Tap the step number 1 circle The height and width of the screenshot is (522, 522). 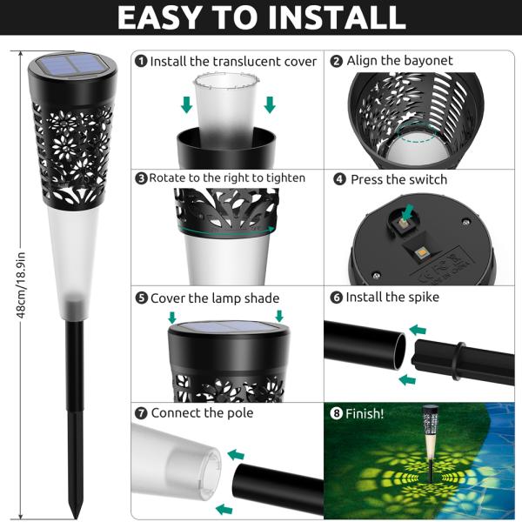point(141,61)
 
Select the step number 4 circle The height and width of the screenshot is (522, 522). point(339,179)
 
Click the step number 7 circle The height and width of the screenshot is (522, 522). point(141,412)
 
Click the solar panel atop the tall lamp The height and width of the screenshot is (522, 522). point(73,64)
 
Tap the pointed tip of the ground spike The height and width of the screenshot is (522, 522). point(76,511)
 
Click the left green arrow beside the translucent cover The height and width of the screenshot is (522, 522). point(186,105)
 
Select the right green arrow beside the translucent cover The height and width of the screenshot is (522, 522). point(270,105)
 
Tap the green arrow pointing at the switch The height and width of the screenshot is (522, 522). point(408,212)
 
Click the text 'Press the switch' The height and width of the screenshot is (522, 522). point(398,179)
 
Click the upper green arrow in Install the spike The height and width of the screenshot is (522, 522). point(418,331)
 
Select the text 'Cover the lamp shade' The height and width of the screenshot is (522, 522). point(214,298)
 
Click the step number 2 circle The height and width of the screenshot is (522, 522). point(337,61)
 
